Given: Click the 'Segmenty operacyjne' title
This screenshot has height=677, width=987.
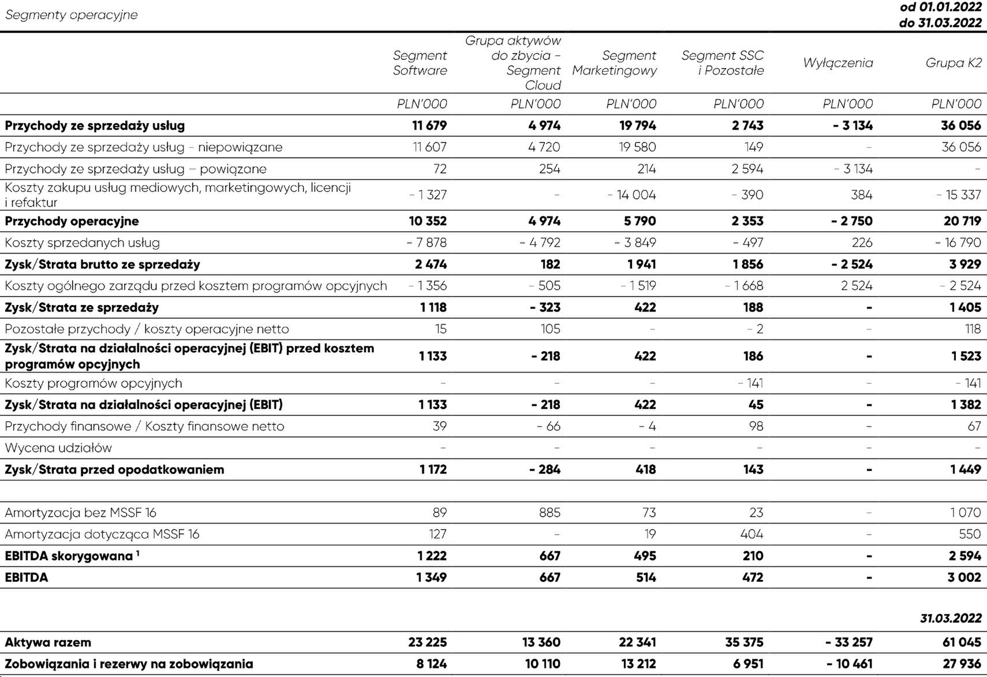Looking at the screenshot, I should click(71, 15).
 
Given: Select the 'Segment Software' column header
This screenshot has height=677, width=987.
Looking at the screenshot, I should click(420, 63).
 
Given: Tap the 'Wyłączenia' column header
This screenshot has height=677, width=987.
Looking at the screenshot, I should click(838, 63).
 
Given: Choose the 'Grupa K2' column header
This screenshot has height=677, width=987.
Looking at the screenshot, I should click(954, 63).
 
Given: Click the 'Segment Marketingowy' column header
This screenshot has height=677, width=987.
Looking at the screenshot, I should click(614, 63).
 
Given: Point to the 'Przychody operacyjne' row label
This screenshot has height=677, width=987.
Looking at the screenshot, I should click(72, 221).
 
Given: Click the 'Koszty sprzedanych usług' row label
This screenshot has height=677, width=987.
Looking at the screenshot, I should click(82, 243).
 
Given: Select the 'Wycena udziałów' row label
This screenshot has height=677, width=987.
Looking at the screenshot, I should click(58, 448).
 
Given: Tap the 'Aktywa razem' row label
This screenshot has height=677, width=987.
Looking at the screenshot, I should click(48, 642).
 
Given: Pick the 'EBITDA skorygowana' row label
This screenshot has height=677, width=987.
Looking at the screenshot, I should click(69, 556).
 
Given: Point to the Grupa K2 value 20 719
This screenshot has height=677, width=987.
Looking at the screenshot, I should click(962, 221).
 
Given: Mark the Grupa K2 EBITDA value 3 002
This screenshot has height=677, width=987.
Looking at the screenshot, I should click(964, 577).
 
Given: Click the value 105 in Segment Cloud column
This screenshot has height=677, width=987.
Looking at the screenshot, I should click(550, 329).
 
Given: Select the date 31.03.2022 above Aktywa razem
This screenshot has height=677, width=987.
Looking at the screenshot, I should click(951, 618).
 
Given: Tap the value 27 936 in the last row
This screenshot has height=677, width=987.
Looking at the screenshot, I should click(962, 664).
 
